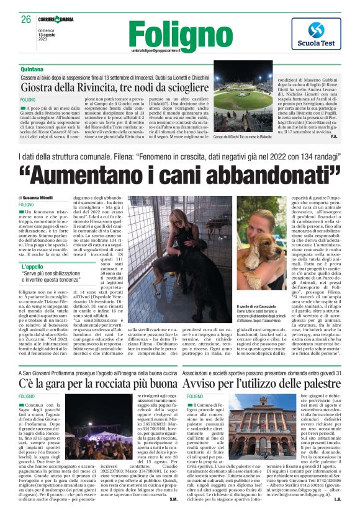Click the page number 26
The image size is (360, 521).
[25, 19]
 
